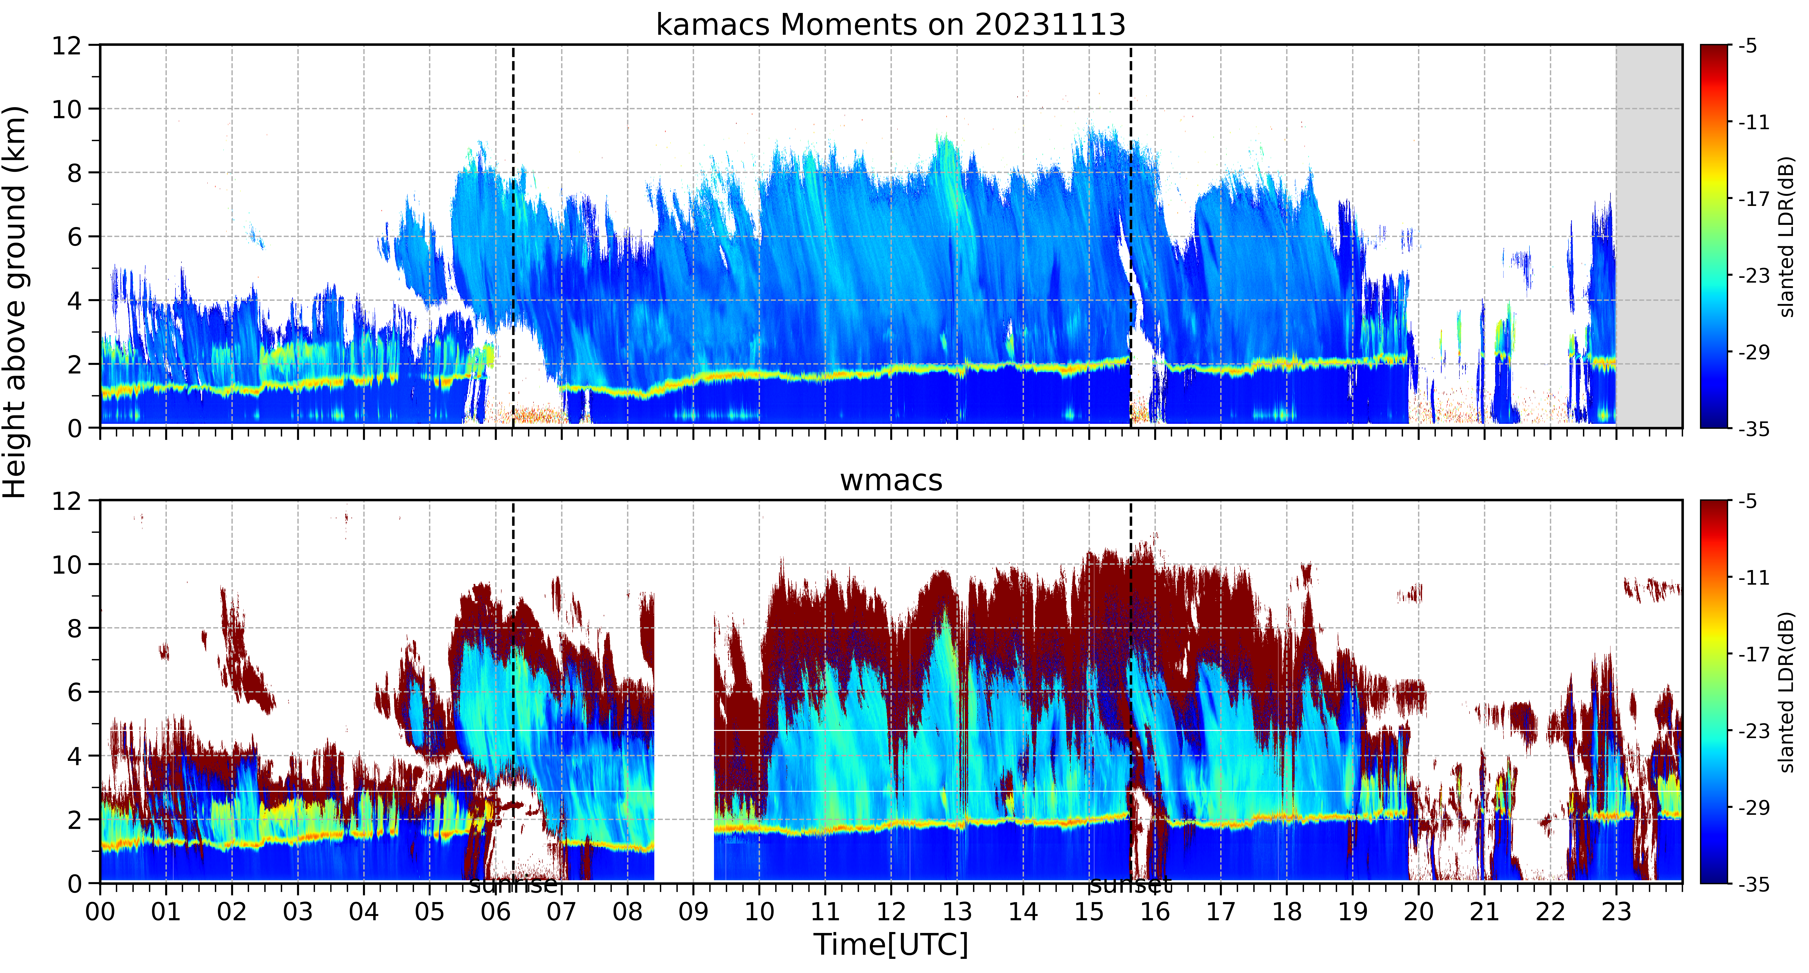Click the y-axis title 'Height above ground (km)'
pos(15,302)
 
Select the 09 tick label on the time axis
pos(693,912)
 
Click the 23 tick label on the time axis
pos(1616,912)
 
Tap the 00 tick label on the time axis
pos(100,912)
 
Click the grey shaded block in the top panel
pos(1649,236)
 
